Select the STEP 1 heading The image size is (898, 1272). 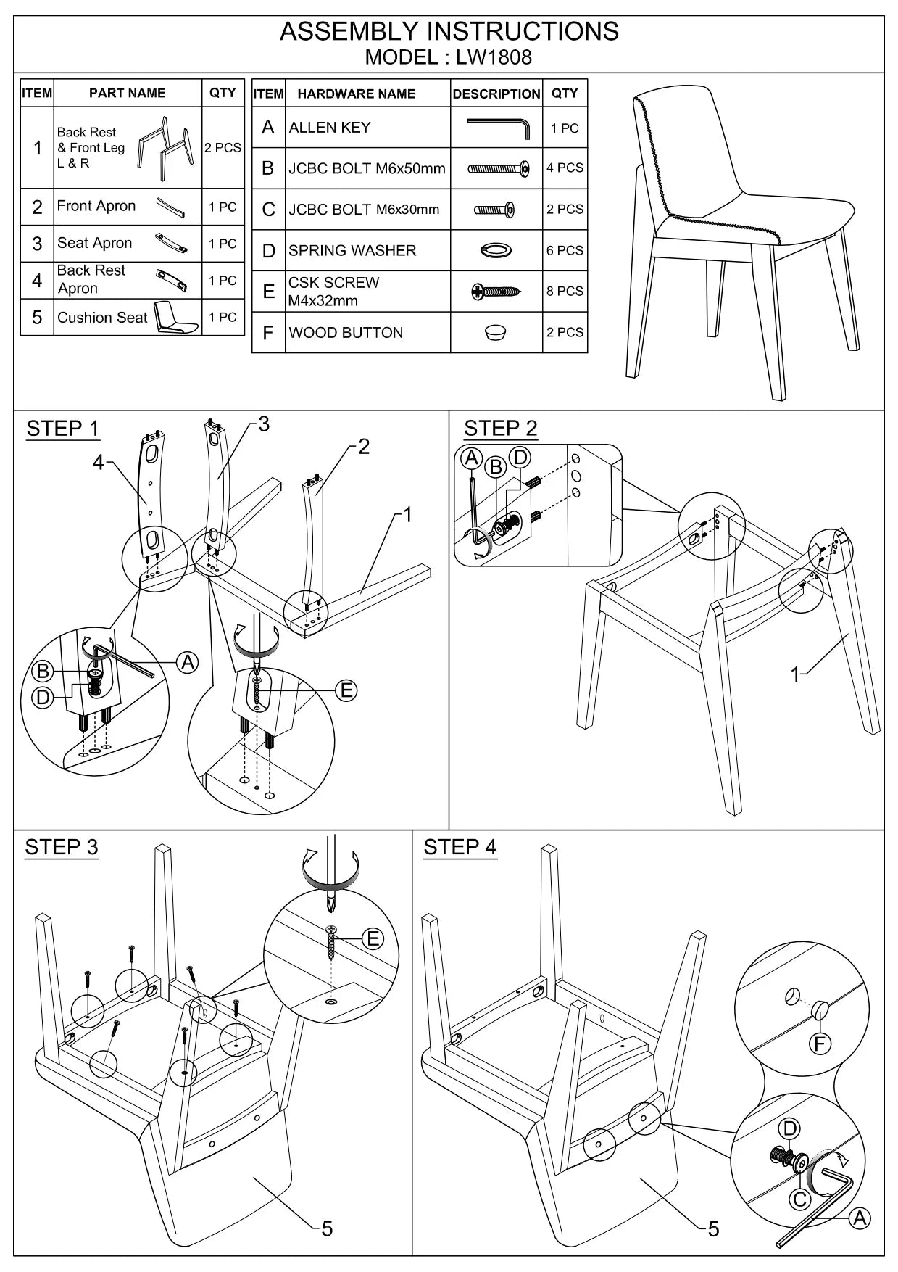click(x=62, y=429)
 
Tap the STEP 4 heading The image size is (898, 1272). click(x=460, y=847)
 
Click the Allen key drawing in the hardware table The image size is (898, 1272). click(x=497, y=128)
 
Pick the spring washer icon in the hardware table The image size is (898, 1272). click(x=496, y=250)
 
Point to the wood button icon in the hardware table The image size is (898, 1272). click(x=496, y=333)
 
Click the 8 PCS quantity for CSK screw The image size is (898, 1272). click(x=565, y=291)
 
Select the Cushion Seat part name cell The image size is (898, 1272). click(x=102, y=318)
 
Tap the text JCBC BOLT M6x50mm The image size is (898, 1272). click(x=367, y=168)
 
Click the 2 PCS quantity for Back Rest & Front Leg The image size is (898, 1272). click(x=223, y=148)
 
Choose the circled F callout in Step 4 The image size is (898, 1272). click(x=820, y=1044)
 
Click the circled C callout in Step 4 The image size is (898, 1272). click(x=799, y=1199)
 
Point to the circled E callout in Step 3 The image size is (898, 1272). click(x=373, y=939)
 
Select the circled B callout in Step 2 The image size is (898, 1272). click(x=496, y=466)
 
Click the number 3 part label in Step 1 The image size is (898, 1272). click(x=264, y=424)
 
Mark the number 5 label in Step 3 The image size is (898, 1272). click(x=327, y=1228)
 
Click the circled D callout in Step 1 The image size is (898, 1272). click(x=43, y=698)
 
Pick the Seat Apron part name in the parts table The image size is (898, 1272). click(x=95, y=243)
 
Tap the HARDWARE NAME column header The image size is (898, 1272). click(x=356, y=94)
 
